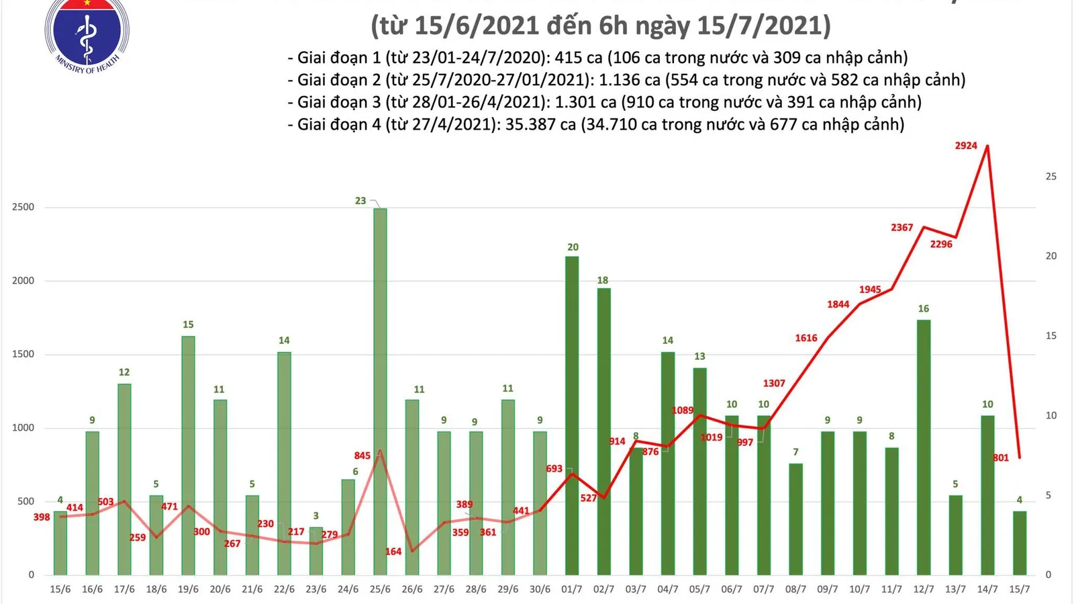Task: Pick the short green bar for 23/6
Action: [x=316, y=551]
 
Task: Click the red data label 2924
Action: [x=966, y=146]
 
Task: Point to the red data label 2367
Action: [x=901, y=228]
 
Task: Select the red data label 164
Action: [x=393, y=552]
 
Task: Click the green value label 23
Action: [x=360, y=201]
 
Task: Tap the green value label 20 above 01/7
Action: [x=573, y=247]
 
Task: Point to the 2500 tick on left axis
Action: [x=23, y=208]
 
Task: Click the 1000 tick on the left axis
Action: [x=23, y=428]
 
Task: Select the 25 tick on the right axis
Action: [x=1051, y=177]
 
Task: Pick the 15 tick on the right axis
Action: [x=1051, y=336]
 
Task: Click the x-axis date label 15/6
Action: [x=60, y=589]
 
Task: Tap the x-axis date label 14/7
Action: [x=987, y=589]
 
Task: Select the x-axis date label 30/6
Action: [x=540, y=589]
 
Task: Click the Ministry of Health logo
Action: [x=87, y=34]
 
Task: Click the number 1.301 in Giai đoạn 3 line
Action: [x=571, y=102]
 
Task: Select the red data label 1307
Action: [x=774, y=384]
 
